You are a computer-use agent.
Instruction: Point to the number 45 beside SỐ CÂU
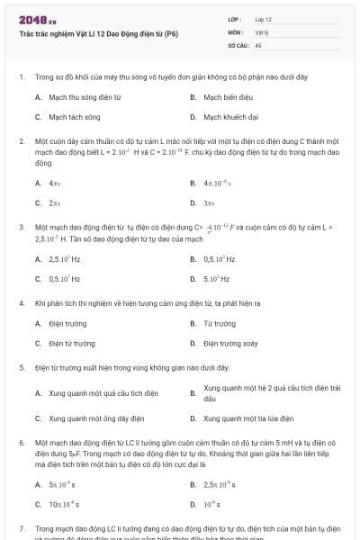(258, 44)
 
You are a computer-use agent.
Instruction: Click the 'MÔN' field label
(235, 31)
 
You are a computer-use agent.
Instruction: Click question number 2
(21, 142)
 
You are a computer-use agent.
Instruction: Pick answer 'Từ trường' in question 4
(220, 323)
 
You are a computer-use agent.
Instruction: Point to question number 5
(21, 368)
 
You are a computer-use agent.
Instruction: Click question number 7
(21, 528)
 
